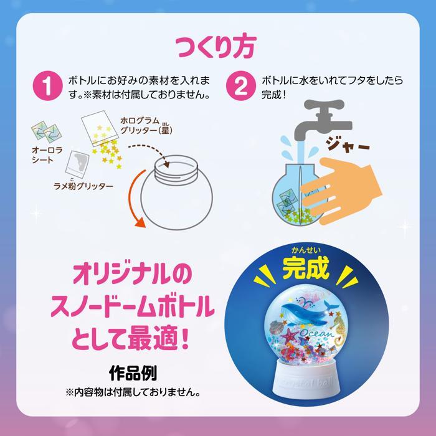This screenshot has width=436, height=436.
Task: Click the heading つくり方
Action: tap(218, 46)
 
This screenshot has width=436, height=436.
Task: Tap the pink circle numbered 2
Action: tap(238, 88)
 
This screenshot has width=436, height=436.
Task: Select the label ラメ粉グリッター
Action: tap(83, 186)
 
